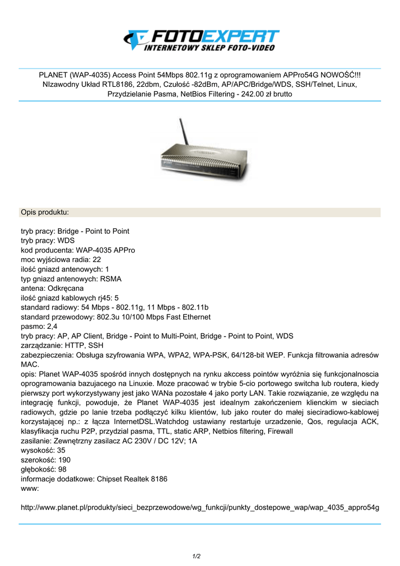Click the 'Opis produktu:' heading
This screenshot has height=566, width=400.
pos(45,212)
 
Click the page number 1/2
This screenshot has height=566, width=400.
pos(196,556)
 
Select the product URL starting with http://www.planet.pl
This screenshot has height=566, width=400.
pos(200,507)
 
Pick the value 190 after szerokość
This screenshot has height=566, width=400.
pos(64,460)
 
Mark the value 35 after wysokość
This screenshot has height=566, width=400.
pos(61,450)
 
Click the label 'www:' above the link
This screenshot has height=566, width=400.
pos(30,489)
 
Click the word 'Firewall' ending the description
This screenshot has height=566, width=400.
pos(278,431)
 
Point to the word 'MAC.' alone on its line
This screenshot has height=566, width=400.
pos(30,365)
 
